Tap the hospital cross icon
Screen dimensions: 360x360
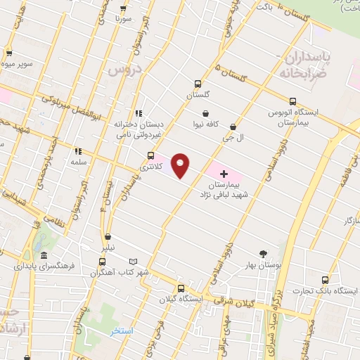coord(224,173)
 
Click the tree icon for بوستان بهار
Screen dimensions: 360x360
coord(264,254)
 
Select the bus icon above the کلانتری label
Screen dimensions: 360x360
coord(150,156)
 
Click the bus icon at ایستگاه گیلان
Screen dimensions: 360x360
coord(181,288)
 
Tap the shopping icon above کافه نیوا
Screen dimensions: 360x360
coord(205,112)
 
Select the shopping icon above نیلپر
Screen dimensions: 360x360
coord(107,237)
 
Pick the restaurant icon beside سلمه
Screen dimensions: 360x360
coord(77,150)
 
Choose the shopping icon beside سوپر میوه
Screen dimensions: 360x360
coord(10,52)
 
